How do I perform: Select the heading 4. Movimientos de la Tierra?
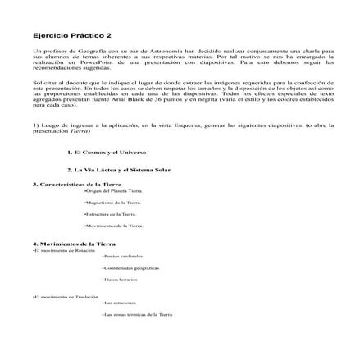73,244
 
